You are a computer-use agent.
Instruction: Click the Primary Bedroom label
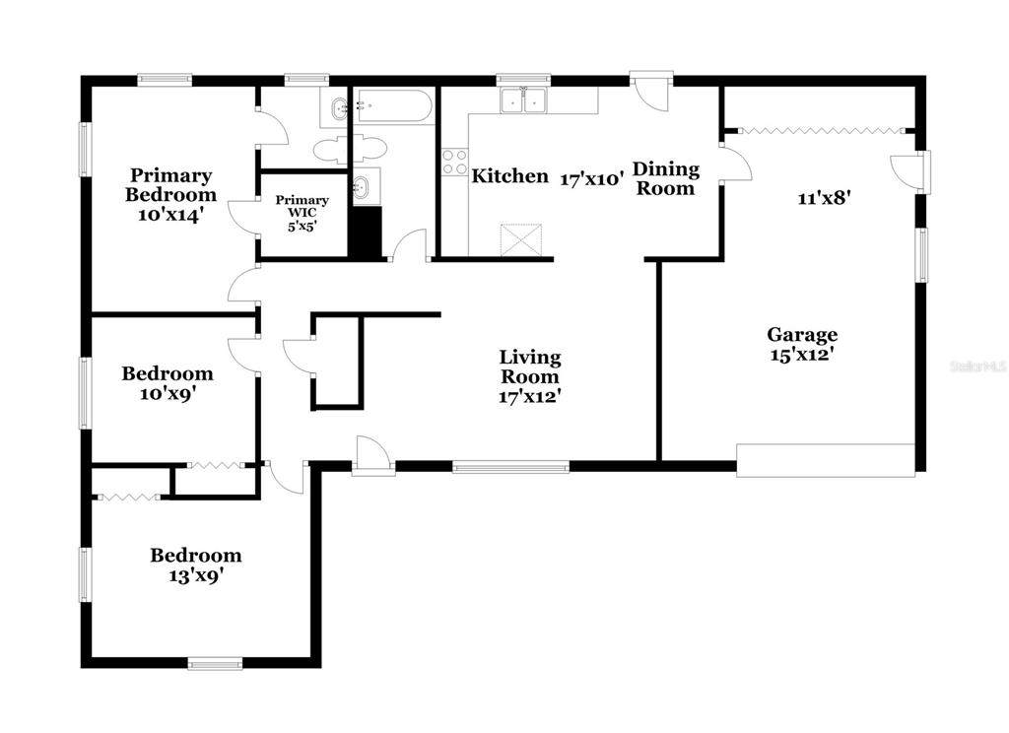pos(170,184)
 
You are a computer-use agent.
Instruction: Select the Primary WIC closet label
pos(303,206)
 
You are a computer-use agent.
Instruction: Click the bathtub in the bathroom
pos(393,106)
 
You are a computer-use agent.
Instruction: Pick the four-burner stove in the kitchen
pos(454,163)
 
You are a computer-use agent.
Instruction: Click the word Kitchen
pos(510,175)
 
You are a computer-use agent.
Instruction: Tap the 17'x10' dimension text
pos(592,179)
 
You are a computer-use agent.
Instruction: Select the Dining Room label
pos(665,179)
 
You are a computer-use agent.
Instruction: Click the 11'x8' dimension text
pos(825,198)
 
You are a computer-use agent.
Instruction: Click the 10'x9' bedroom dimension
pos(168,393)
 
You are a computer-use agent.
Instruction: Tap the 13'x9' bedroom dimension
pos(196,575)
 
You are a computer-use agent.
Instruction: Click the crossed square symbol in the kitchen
pos(521,240)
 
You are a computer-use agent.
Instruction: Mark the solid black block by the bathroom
pos(366,233)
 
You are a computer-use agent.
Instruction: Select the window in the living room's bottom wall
pos(511,467)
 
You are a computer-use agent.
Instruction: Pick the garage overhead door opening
pos(826,460)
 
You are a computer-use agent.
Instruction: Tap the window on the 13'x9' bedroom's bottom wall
pos(216,663)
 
